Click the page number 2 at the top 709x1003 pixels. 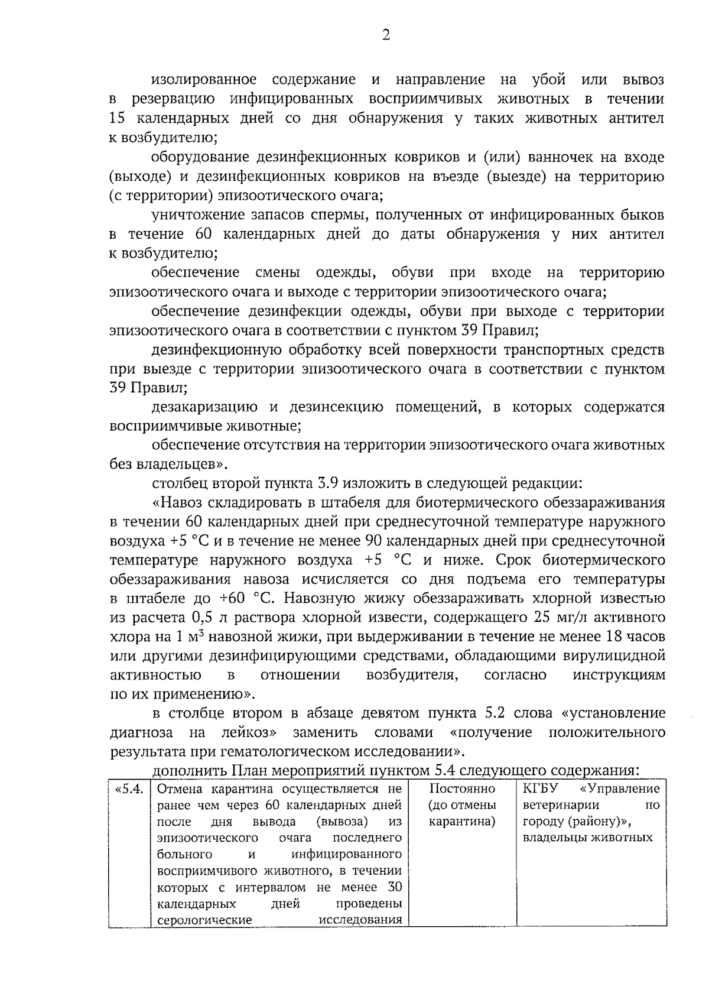click(x=386, y=35)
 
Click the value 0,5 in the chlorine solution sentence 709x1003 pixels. click(x=202, y=618)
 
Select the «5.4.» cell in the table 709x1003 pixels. click(x=129, y=789)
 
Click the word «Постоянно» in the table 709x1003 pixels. click(x=463, y=789)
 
